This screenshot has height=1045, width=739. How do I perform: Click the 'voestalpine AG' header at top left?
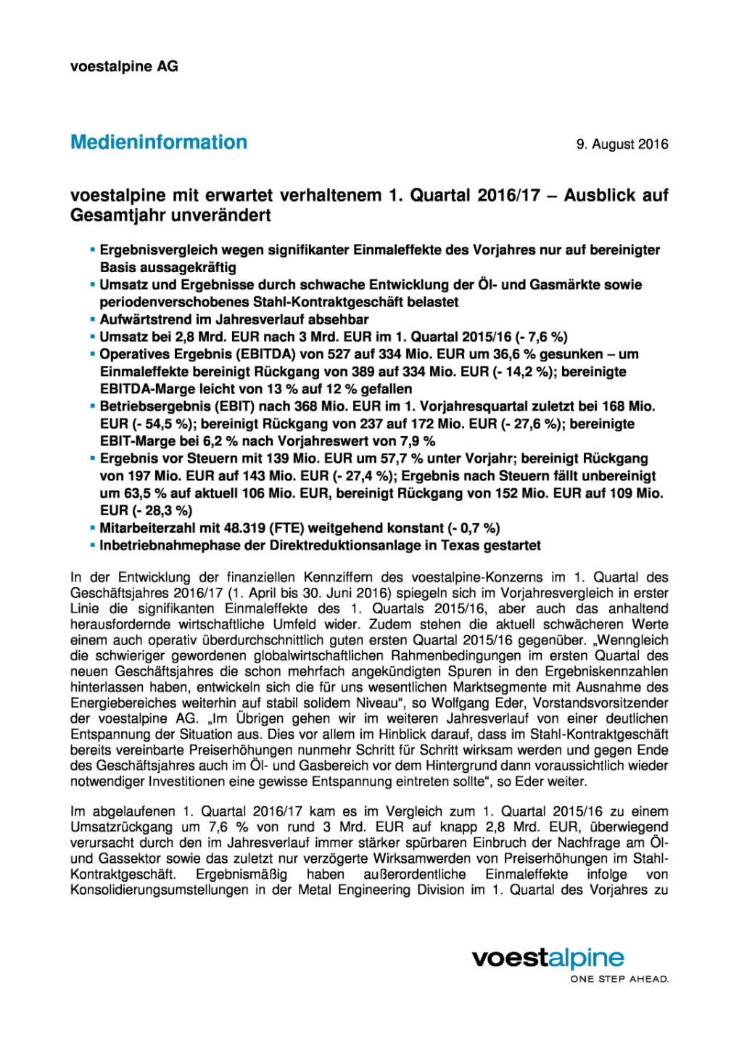tap(124, 66)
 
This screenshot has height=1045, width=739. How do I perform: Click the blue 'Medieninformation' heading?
tap(159, 142)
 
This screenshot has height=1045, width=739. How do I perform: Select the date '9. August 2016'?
tap(622, 144)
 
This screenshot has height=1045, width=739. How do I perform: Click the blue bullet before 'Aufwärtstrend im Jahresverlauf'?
tap(92, 319)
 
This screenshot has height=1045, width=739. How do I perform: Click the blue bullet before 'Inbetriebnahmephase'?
tap(92, 546)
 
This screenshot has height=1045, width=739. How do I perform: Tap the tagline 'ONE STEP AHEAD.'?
tap(619, 979)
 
